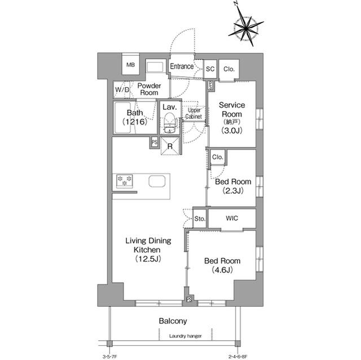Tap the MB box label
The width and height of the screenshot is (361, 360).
click(130, 65)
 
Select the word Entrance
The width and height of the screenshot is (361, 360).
click(182, 66)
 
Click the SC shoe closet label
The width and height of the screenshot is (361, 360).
click(210, 69)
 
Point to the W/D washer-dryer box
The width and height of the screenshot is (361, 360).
click(122, 90)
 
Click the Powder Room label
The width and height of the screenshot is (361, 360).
click(149, 90)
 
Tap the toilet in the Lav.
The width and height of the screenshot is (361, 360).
click(169, 122)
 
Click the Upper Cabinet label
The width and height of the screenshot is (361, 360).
click(194, 113)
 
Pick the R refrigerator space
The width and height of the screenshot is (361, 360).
click(170, 145)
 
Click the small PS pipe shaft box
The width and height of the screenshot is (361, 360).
click(154, 143)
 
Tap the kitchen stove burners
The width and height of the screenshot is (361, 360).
click(125, 181)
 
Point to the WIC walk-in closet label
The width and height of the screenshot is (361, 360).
click(231, 217)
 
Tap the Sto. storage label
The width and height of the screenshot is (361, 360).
click(199, 218)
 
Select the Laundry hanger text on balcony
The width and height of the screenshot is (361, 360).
click(184, 336)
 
